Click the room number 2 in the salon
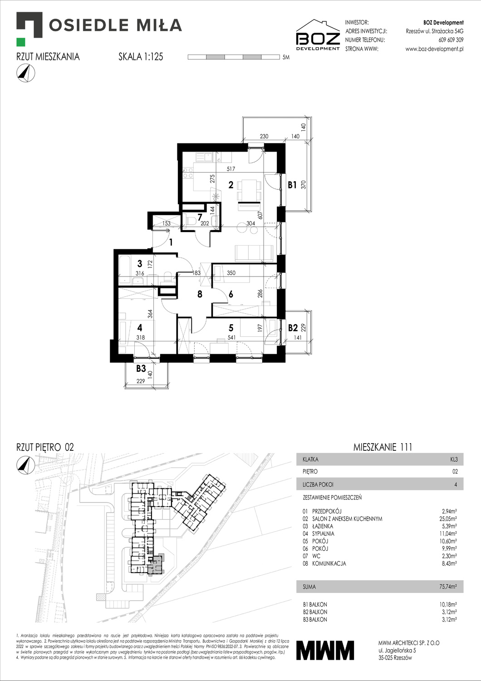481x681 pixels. point(231,185)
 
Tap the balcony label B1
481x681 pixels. point(292,185)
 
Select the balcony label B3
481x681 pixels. point(141,369)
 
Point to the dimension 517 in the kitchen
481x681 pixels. point(231,169)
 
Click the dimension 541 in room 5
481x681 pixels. point(231,338)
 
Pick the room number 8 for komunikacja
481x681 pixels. point(200,294)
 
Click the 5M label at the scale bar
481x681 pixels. point(285,58)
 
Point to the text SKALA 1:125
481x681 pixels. point(141,57)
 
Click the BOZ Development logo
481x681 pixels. point(318,35)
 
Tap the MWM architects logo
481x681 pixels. point(325,650)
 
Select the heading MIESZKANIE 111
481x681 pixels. point(383,447)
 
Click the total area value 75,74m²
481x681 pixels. point(448,587)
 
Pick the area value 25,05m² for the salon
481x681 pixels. point(448,518)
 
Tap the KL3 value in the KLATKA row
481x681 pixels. point(453,459)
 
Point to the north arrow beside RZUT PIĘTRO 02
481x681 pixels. point(25,464)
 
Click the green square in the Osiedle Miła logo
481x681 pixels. point(20,42)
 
